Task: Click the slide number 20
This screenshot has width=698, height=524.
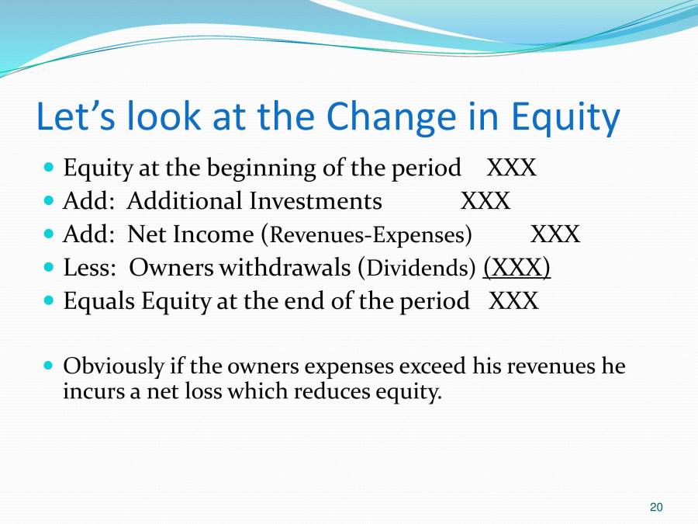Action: (x=656, y=507)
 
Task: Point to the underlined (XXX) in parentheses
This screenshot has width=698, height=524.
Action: (x=517, y=267)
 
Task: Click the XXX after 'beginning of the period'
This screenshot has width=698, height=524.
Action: (x=511, y=168)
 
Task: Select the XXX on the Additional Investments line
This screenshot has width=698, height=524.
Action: (x=485, y=201)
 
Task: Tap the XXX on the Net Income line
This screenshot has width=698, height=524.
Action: (x=555, y=234)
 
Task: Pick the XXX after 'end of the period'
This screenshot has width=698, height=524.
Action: (x=513, y=300)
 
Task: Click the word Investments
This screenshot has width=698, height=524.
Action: (x=315, y=201)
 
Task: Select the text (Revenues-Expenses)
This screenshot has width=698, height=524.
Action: (x=367, y=234)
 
